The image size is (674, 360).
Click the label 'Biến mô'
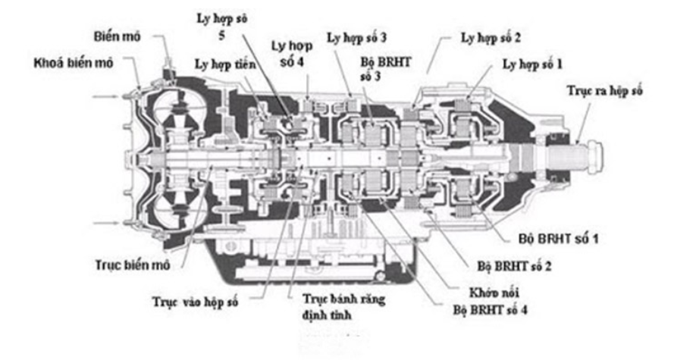pyautogui.click(x=117, y=36)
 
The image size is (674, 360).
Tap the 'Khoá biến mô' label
pyautogui.click(x=74, y=63)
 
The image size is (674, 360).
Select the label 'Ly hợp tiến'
pyautogui.click(x=225, y=65)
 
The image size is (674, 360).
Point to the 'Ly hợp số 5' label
pyautogui.click(x=222, y=27)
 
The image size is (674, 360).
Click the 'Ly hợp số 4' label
pyautogui.click(x=292, y=53)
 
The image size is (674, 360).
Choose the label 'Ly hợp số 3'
pyautogui.click(x=357, y=38)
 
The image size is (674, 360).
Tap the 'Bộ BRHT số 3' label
pyautogui.click(x=385, y=69)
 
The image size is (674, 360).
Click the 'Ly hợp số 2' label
pyautogui.click(x=491, y=38)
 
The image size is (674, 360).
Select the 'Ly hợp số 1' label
pyautogui.click(x=532, y=64)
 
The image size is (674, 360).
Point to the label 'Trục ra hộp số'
pyautogui.click(x=604, y=91)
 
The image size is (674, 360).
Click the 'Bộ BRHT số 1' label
pyautogui.click(x=558, y=239)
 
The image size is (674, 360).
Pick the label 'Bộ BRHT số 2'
pyautogui.click(x=514, y=266)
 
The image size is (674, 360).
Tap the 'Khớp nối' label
pyautogui.click(x=494, y=293)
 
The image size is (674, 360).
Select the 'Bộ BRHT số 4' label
pyautogui.click(x=490, y=310)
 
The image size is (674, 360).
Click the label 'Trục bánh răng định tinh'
pyautogui.click(x=343, y=307)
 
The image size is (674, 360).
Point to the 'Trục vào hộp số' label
pyautogui.click(x=195, y=302)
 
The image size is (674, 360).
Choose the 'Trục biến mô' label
pyautogui.click(x=133, y=265)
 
